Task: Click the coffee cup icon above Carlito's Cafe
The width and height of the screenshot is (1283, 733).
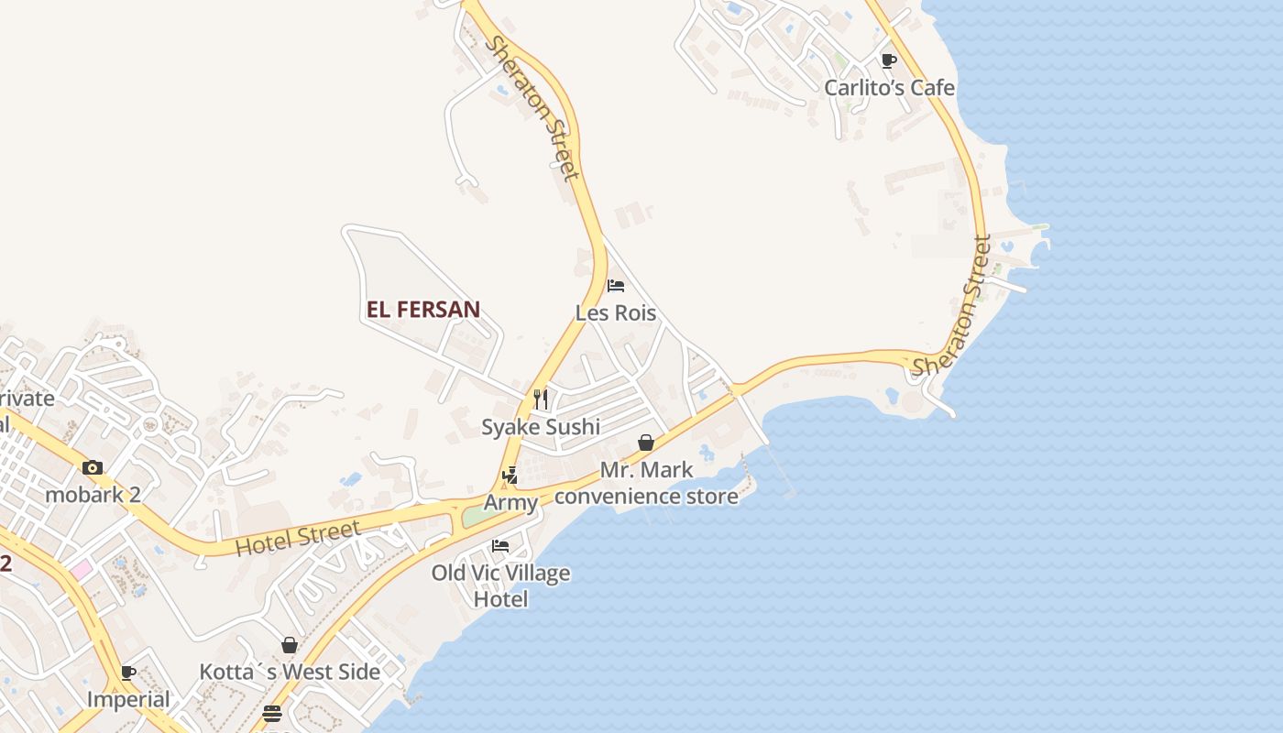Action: click(888, 60)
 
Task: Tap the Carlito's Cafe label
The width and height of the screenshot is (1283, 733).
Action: click(889, 88)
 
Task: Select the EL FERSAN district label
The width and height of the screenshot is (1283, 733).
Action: click(423, 310)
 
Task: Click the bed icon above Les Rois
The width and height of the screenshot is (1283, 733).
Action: click(616, 286)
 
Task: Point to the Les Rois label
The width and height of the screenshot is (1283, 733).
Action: click(616, 313)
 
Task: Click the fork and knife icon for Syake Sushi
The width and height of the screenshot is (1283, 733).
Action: click(541, 399)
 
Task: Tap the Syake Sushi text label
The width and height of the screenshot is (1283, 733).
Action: click(541, 427)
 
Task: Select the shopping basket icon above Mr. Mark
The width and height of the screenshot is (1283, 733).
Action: click(646, 443)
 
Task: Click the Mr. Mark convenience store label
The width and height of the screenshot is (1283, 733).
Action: click(646, 483)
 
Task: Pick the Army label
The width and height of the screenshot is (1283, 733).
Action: click(510, 502)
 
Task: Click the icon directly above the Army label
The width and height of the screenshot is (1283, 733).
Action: click(510, 476)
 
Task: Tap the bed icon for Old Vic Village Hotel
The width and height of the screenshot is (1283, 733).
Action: click(500, 545)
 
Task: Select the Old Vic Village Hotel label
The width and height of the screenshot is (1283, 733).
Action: click(500, 585)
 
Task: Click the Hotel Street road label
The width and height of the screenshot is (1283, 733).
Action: click(298, 538)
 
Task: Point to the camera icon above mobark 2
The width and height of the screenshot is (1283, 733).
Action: click(92, 467)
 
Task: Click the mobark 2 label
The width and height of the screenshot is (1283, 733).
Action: click(93, 495)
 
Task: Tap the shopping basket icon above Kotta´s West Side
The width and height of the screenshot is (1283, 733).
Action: click(290, 645)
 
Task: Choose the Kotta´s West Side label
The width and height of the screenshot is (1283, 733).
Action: click(290, 672)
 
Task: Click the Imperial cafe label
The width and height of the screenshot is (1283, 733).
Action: click(128, 699)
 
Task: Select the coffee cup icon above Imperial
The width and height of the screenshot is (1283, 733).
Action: click(128, 673)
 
